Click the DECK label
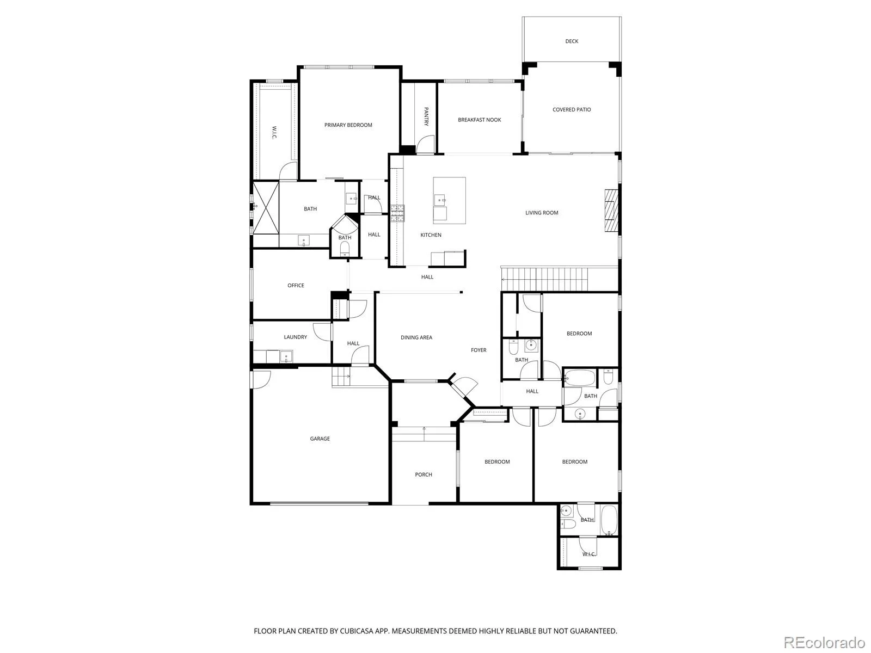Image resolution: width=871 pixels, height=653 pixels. (572, 41)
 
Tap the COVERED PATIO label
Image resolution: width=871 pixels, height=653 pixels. (572, 110)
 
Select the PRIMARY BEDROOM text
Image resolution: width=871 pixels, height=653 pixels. (348, 125)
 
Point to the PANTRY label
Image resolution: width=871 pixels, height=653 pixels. (426, 116)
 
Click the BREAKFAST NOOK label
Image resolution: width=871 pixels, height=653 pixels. (480, 120)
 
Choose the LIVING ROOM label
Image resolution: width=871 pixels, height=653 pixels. (542, 213)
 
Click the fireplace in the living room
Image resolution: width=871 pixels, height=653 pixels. (611, 211)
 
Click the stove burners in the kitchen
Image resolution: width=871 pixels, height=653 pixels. (397, 213)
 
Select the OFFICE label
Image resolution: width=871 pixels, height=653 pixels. (296, 286)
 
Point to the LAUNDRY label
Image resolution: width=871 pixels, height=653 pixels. (295, 337)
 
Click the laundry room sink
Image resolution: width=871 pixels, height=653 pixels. (286, 356)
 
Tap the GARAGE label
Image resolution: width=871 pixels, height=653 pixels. (320, 439)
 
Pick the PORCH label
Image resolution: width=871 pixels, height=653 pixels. (424, 475)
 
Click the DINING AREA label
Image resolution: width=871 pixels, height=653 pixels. (416, 337)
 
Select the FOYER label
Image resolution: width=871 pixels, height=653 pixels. (479, 350)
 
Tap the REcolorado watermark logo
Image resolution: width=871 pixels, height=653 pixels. (825, 642)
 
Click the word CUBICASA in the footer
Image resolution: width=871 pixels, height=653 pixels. (357, 631)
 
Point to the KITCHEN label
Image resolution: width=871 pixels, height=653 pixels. (431, 235)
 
